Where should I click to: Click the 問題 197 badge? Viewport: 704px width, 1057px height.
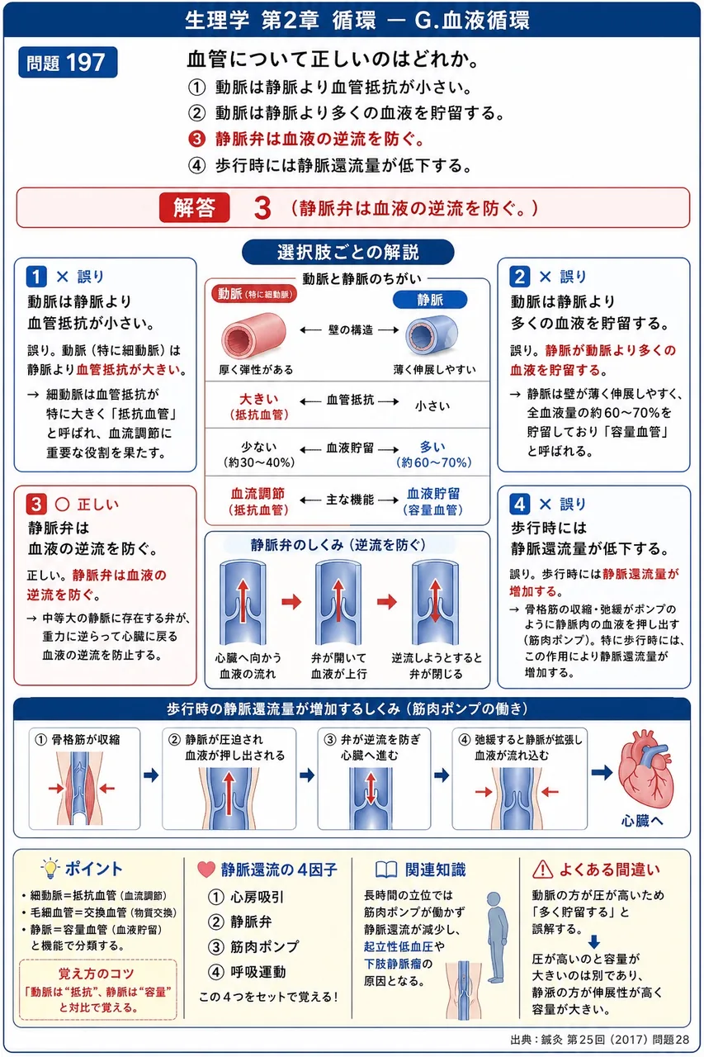click(68, 62)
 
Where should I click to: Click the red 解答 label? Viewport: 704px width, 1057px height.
click(194, 207)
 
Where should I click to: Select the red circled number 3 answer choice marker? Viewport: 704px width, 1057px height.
click(196, 139)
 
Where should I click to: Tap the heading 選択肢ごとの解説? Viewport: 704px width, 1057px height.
click(348, 252)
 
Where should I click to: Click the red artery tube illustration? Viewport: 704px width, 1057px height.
click(253, 335)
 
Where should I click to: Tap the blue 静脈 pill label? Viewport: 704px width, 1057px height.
click(430, 300)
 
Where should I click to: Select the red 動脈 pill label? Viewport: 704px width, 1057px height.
click(254, 294)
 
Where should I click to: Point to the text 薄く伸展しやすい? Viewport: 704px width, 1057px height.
click(435, 369)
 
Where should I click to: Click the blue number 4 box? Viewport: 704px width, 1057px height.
click(520, 505)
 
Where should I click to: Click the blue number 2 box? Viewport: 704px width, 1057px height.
click(520, 277)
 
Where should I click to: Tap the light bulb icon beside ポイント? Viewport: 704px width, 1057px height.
click(50, 869)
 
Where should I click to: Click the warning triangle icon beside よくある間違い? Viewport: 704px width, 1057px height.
click(542, 870)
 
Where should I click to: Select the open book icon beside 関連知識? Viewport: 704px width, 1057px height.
click(386, 870)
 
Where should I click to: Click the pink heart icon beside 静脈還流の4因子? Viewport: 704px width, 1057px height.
click(206, 870)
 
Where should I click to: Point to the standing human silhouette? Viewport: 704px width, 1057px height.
click(496, 937)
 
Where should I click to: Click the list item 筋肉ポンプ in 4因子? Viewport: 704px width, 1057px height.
click(264, 946)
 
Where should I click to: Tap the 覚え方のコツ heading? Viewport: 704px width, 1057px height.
click(97, 974)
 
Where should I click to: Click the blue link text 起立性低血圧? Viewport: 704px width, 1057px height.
click(399, 946)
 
